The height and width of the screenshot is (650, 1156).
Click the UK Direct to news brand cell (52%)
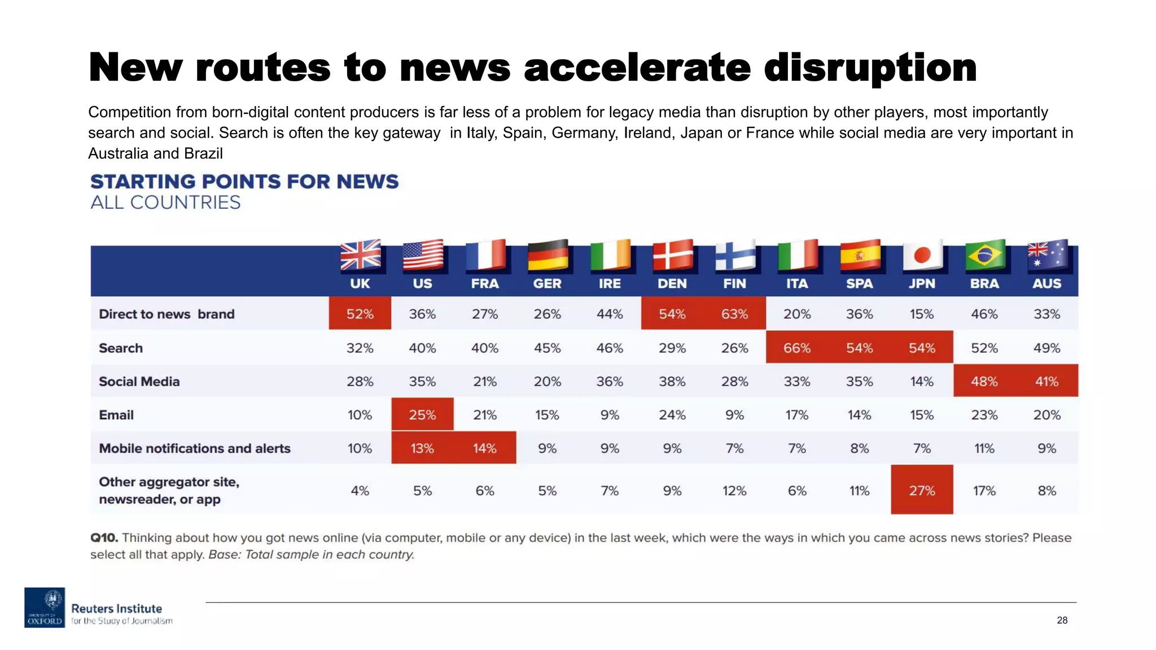[360, 314]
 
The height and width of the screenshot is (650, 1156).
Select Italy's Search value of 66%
[796, 348]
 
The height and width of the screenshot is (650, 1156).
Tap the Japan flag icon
[922, 255]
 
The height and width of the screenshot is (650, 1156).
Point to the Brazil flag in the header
[984, 255]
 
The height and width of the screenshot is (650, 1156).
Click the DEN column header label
[672, 284]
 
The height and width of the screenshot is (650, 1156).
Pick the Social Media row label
[139, 381]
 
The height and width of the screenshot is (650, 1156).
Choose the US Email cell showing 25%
[422, 415]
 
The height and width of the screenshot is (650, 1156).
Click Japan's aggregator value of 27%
[922, 490]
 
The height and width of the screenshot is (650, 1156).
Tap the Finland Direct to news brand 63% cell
[734, 314]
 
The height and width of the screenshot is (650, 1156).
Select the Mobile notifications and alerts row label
[194, 449]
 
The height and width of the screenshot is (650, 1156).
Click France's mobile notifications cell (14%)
[484, 449]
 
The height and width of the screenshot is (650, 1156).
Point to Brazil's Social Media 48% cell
[984, 381]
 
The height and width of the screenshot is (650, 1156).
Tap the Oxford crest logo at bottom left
[45, 608]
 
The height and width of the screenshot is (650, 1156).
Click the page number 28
[1062, 620]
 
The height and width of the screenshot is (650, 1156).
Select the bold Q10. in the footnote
[104, 538]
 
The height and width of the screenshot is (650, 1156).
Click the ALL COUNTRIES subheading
[165, 203]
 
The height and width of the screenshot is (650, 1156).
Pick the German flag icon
[548, 255]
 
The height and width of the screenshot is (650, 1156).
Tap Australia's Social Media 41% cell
[1046, 381]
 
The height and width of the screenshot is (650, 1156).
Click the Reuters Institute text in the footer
[116, 609]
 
